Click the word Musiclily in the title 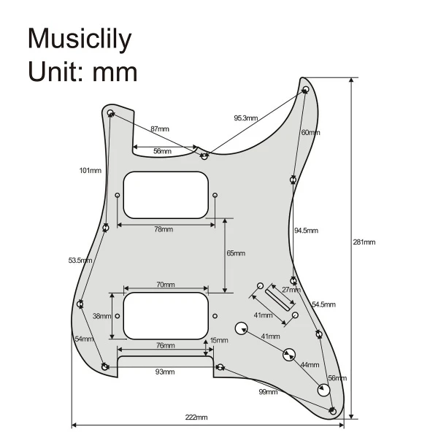(x=80, y=39)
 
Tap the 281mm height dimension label (x=364, y=242)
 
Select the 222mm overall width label (x=196, y=418)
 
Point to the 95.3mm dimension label (x=246, y=118)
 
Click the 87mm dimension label (x=160, y=128)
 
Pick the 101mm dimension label (x=91, y=170)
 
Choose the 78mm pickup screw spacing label (x=164, y=229)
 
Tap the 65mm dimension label (x=236, y=253)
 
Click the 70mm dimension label (x=166, y=285)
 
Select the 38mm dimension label (x=101, y=316)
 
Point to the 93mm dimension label (x=165, y=372)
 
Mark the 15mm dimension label (x=219, y=340)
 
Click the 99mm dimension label (x=268, y=391)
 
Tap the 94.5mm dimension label (x=306, y=231)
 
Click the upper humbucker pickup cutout (x=166, y=195)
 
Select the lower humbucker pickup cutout (x=166, y=316)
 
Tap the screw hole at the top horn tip (x=306, y=89)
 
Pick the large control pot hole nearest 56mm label (x=323, y=390)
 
